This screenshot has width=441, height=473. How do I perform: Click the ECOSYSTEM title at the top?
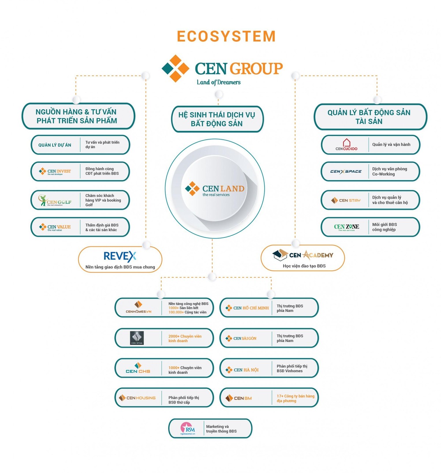pos(226,36)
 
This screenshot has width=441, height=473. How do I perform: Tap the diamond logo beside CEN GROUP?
pos(175,68)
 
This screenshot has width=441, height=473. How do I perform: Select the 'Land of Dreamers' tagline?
pos(218,82)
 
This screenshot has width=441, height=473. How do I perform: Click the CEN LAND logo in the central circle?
pos(215,189)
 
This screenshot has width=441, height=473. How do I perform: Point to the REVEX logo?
pos(120,256)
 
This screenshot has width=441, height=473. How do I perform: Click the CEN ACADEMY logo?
pos(303,255)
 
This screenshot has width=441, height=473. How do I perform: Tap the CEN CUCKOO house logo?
pos(346,144)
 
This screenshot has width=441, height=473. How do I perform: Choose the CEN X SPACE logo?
pos(346,172)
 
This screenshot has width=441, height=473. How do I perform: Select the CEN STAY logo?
pos(346,200)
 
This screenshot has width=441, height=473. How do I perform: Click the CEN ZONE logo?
pos(346,227)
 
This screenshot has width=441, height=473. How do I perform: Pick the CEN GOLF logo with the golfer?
pos(55,200)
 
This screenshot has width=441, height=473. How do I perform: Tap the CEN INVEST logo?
pos(55,171)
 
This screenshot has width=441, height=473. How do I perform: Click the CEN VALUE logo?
pos(55,227)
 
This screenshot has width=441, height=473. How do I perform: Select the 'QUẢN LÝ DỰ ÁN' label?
pos(55,145)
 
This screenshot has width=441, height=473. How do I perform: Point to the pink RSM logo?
pos(187,429)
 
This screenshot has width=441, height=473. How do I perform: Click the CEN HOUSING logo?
pos(137,398)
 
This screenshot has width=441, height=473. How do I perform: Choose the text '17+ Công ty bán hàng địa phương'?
pos(295,398)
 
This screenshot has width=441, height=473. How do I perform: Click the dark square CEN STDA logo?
pos(137,338)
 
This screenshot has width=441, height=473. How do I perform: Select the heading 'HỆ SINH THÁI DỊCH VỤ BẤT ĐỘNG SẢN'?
pos(217,119)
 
